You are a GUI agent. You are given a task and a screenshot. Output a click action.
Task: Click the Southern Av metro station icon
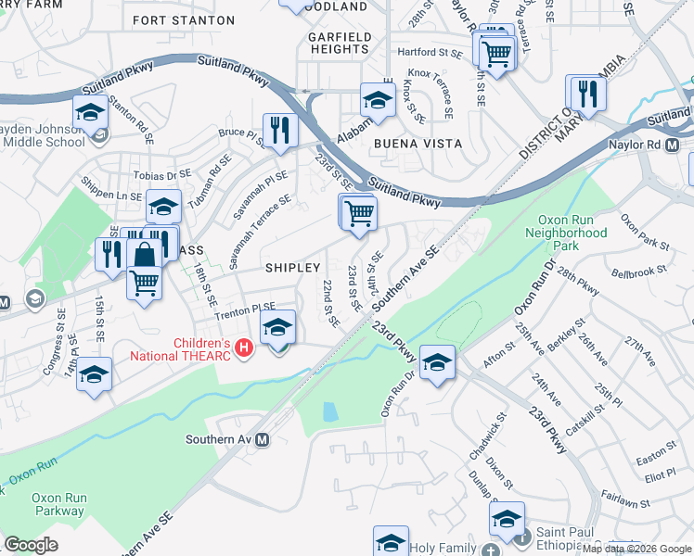click(x=263, y=440)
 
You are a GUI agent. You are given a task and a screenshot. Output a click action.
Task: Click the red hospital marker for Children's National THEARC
click(x=244, y=348)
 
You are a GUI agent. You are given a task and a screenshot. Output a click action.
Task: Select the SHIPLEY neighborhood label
click(x=293, y=267)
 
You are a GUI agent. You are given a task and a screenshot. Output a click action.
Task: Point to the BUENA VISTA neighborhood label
click(x=409, y=145)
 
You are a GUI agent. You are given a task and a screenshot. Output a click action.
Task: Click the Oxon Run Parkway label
click(x=59, y=504)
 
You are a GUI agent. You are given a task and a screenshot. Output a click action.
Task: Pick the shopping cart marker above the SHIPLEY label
click(x=358, y=213)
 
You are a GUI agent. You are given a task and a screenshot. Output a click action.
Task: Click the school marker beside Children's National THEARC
click(x=276, y=328)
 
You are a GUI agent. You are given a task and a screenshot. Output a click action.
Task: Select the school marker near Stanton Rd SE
click(x=90, y=113)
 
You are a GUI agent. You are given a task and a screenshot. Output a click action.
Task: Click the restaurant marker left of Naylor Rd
click(x=586, y=93)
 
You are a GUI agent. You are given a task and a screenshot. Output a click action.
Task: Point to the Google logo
click(x=32, y=545)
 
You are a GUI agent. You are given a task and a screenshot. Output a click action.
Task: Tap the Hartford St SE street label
click(x=429, y=53)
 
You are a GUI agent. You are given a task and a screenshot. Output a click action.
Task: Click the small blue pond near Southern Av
click(x=329, y=411)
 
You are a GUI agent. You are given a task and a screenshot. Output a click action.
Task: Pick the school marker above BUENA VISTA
click(x=378, y=99)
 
